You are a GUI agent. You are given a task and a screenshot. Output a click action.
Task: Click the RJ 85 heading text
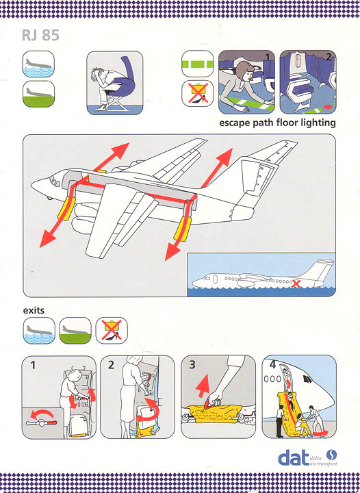[x=40, y=35]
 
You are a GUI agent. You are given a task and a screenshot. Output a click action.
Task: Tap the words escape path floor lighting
[x=277, y=123]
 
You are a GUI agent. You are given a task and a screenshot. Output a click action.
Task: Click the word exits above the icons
[x=34, y=310]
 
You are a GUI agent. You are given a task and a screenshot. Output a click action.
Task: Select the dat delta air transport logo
[x=307, y=458]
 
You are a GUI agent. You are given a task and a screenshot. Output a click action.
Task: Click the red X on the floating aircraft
[x=295, y=283]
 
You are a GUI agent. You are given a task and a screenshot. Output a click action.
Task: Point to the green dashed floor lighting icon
[x=198, y=64]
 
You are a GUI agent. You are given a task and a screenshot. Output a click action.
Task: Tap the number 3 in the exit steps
[x=192, y=365]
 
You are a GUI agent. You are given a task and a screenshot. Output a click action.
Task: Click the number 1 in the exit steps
[x=33, y=365]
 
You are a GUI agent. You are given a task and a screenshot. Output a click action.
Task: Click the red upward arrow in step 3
[x=203, y=386]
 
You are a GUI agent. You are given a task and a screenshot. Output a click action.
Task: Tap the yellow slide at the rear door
[x=181, y=229]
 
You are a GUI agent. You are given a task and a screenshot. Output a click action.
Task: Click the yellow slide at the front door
[x=66, y=209]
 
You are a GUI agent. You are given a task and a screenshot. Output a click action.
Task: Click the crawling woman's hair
[x=244, y=69]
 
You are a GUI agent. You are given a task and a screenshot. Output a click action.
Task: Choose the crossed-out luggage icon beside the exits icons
[x=112, y=330]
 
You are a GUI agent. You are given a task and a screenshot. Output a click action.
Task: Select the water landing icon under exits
[x=39, y=331]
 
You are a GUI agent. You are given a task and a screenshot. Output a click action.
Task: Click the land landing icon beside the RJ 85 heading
[x=38, y=94]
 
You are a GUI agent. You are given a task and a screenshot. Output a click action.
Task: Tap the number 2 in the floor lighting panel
[x=329, y=57]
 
